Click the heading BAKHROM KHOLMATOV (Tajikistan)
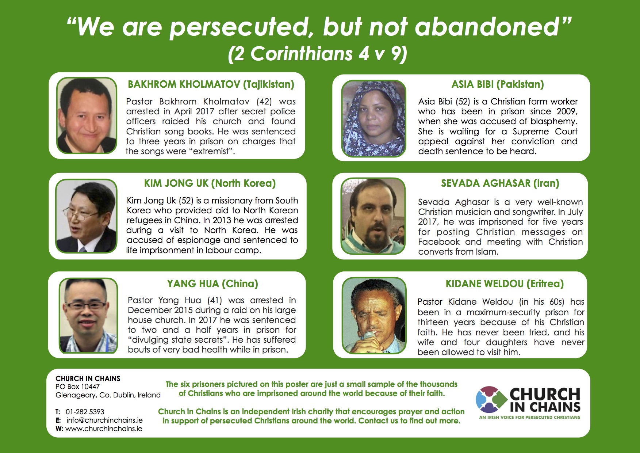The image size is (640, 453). (x=211, y=84)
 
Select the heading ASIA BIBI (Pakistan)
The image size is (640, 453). (x=498, y=84)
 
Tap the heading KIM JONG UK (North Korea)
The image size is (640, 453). (x=210, y=183)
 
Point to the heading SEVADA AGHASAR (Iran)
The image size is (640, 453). (x=500, y=183)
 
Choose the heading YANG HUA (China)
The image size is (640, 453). (x=212, y=284)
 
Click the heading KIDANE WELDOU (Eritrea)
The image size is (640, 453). (x=505, y=284)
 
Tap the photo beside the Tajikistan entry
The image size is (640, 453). (x=87, y=115)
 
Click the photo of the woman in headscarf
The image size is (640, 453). (x=373, y=118)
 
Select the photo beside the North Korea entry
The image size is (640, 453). (x=86, y=216)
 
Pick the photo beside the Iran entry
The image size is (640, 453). (x=373, y=216)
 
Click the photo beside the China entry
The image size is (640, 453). (x=88, y=316)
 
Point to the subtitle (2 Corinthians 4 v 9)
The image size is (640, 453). (x=318, y=54)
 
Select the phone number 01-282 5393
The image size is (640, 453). (x=85, y=412)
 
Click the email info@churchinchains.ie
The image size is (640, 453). (x=104, y=420)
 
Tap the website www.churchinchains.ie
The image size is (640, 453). (x=104, y=429)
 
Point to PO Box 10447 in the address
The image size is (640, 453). (x=77, y=387)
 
